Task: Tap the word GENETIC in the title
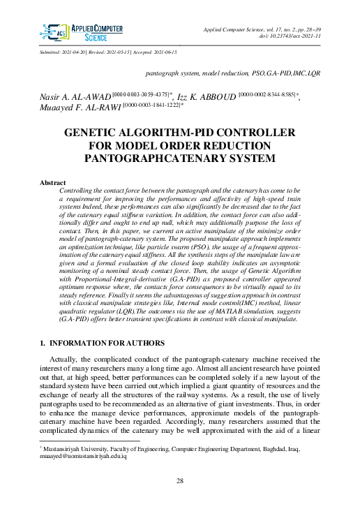click(95, 133)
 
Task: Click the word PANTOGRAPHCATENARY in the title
click(151, 158)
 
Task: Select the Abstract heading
click(52, 183)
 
